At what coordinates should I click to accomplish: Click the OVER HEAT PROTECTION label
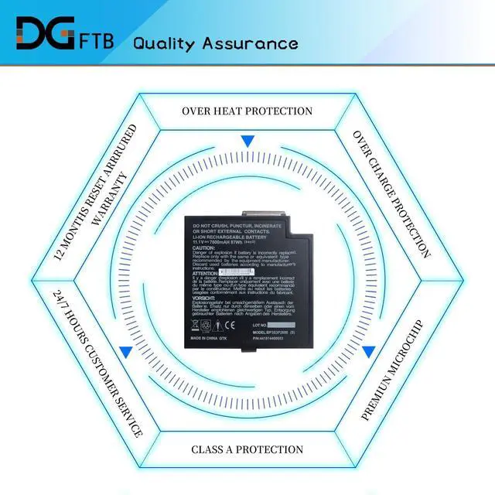coord(247,111)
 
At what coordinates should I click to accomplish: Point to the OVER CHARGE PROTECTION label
coord(391,193)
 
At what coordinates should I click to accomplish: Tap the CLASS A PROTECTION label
coord(247,449)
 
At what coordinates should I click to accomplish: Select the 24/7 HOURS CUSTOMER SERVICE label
coord(97,364)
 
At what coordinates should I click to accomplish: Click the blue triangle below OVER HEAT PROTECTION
coord(247,142)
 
